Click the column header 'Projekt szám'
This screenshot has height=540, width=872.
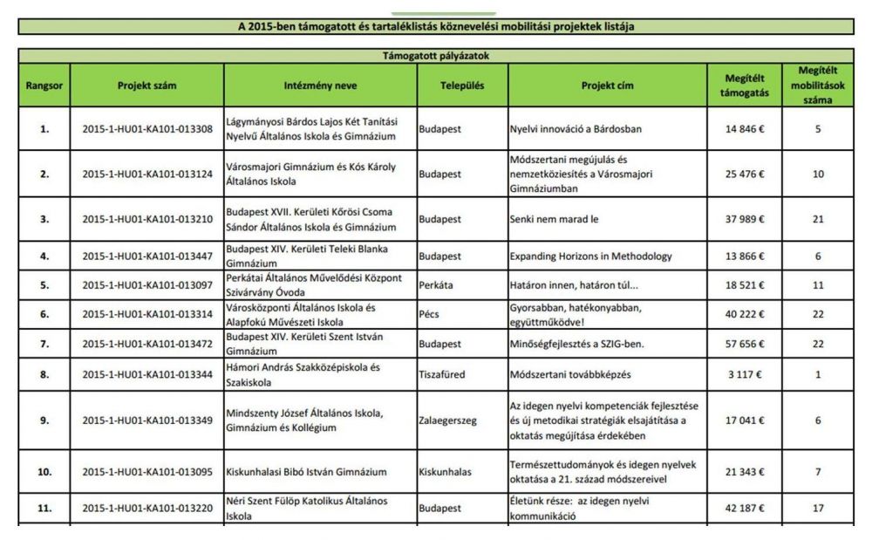pos(146,86)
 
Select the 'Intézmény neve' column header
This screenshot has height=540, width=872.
pos(320,86)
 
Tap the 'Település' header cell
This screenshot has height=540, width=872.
pos(462,86)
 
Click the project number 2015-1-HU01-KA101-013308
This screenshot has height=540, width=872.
pos(146,129)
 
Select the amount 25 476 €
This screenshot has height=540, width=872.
pos(744,174)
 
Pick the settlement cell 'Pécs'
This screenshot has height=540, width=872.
pos(432,314)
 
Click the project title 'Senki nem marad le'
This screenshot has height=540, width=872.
pos(555,219)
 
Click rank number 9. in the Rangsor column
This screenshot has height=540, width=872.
pos(44,420)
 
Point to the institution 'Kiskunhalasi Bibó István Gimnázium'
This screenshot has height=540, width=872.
pos(306,472)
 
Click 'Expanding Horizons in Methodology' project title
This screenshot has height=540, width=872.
pos(591,256)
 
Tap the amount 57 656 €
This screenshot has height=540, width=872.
pos(744,345)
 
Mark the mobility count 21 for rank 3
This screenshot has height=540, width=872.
pos(818,219)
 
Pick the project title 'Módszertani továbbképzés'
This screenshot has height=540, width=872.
pos(569,374)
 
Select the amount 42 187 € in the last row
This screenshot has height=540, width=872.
pos(744,508)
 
